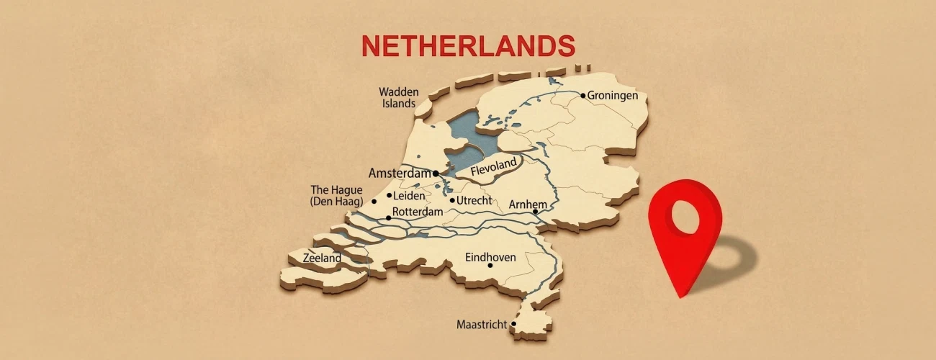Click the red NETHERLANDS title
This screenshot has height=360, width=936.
[x=468, y=45]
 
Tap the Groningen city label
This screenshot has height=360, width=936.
[x=613, y=95]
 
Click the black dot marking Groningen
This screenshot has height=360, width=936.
[x=582, y=95]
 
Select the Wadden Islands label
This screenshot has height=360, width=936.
[x=397, y=97]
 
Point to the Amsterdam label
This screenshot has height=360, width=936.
[x=399, y=174]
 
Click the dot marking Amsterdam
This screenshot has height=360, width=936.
[x=436, y=174]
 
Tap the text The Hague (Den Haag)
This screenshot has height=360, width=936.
[x=337, y=196]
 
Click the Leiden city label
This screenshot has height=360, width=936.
[x=409, y=195]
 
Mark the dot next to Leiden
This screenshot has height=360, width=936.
[x=389, y=195]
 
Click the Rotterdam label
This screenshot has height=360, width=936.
[x=417, y=212]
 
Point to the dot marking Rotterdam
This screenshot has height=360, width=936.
[x=388, y=217]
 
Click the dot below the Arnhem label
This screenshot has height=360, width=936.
[x=535, y=212]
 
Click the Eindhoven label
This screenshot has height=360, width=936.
[x=490, y=257]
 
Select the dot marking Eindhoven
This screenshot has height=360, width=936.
[x=490, y=266]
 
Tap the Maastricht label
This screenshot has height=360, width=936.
[x=482, y=325]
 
